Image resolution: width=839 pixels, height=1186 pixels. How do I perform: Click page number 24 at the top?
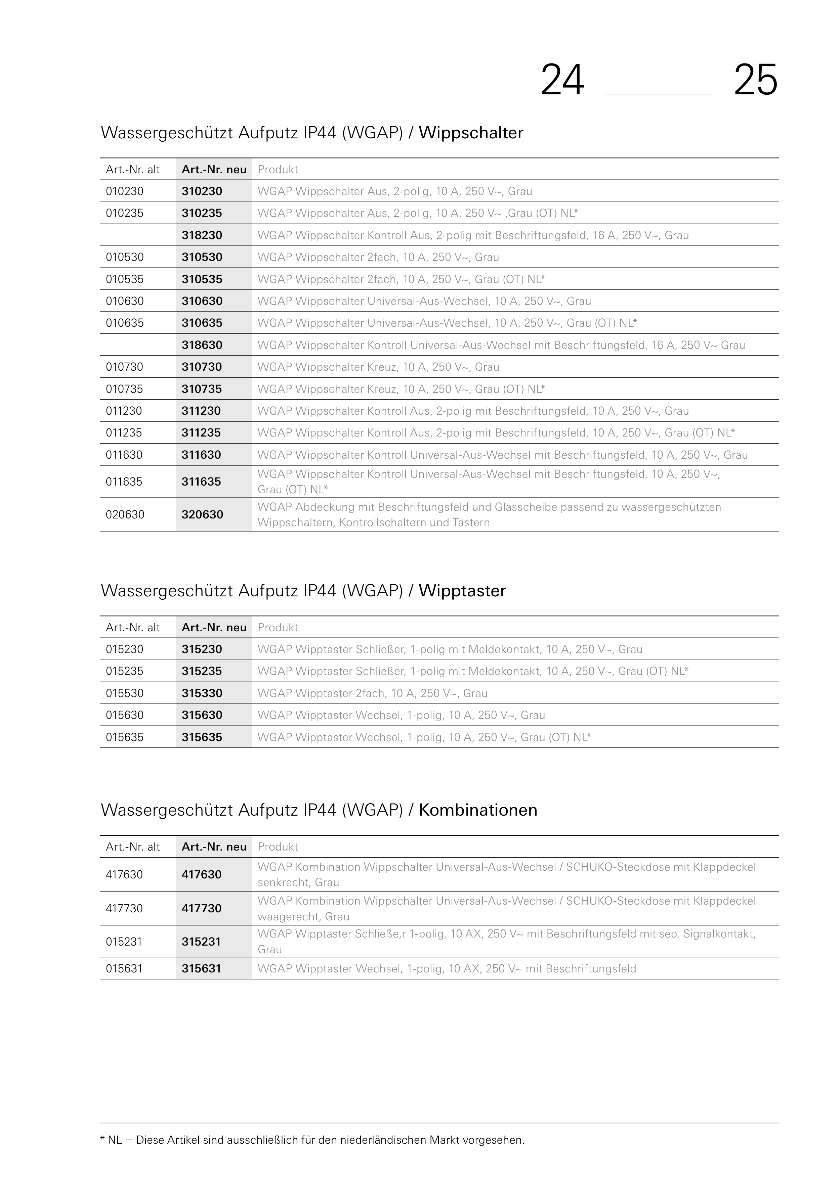coord(562,81)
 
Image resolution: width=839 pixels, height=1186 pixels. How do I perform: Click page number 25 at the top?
coord(755,81)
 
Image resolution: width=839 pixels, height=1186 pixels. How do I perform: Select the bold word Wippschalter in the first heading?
coord(470,133)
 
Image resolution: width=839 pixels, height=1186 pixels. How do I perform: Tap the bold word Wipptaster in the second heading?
coord(462,591)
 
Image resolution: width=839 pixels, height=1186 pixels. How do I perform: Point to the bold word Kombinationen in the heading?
coord(478,810)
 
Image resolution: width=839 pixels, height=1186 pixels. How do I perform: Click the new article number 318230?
coord(202,235)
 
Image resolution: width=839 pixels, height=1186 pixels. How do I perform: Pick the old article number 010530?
coord(125,257)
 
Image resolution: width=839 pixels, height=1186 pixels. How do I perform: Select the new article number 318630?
coord(202,345)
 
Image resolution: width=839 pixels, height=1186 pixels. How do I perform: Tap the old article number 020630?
coord(125,514)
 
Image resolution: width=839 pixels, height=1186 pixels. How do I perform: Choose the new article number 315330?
coord(202,693)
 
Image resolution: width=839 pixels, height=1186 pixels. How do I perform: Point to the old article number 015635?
coord(125,737)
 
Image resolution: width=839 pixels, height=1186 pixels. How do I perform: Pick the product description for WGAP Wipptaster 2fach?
coord(372,693)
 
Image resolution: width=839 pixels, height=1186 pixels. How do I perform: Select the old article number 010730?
coord(125,367)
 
